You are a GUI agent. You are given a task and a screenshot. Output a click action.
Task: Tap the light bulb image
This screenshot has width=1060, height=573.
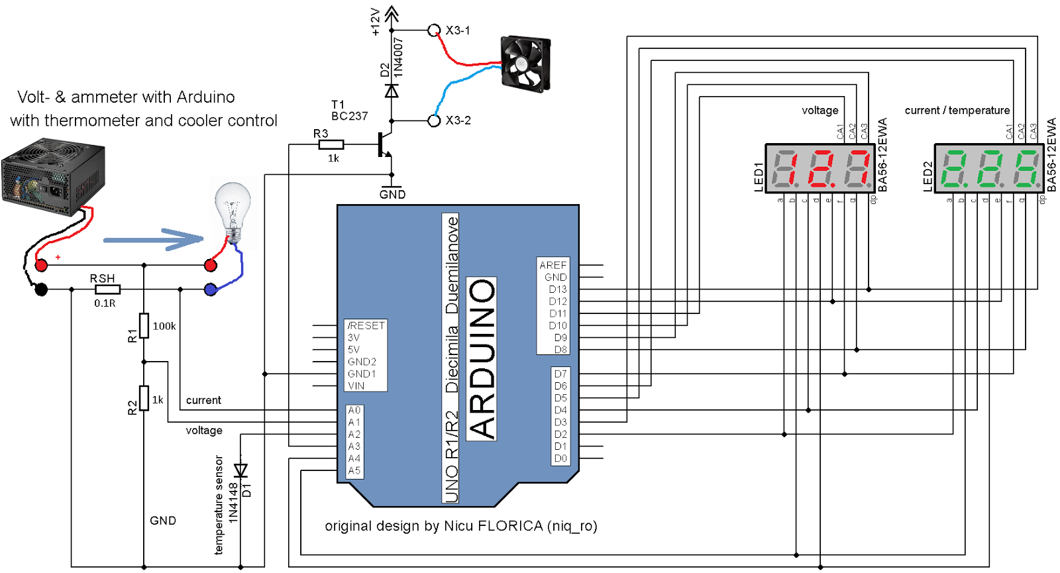[x=233, y=209]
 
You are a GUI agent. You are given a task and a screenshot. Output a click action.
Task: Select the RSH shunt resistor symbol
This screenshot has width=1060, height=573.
[x=107, y=289]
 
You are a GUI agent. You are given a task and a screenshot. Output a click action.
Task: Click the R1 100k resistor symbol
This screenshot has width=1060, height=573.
[x=144, y=325]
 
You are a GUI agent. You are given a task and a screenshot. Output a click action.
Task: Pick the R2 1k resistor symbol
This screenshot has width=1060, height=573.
[x=144, y=398]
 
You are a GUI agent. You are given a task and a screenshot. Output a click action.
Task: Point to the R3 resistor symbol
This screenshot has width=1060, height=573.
[x=331, y=144]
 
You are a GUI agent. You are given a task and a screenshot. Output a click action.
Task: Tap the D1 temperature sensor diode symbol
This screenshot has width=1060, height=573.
[x=240, y=470]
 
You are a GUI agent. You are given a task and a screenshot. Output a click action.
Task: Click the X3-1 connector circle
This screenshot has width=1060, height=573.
[x=434, y=30]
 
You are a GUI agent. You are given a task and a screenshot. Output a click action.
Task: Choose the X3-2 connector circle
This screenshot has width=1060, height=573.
[x=434, y=121]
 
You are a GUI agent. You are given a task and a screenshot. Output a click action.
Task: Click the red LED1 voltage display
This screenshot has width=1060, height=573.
[x=821, y=168]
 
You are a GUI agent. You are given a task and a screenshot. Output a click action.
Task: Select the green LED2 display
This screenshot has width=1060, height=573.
[x=990, y=168]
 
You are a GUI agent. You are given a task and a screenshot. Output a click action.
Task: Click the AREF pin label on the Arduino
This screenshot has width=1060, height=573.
[x=553, y=265]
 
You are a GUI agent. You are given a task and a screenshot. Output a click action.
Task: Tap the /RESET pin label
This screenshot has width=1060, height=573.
[x=366, y=325]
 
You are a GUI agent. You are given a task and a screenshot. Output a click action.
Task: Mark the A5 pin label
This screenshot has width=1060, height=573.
[x=354, y=470]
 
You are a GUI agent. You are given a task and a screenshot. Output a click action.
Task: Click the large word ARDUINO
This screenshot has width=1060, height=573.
[x=482, y=358]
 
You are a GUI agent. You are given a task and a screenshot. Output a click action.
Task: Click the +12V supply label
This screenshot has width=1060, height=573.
[x=376, y=21]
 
